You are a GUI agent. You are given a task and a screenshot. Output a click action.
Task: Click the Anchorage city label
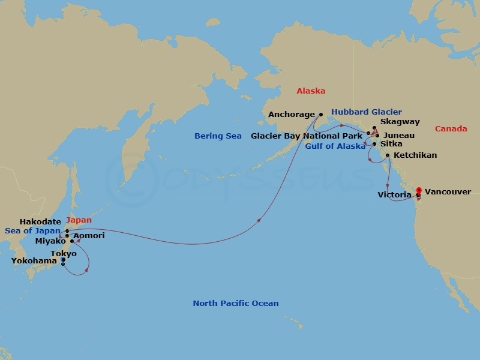[292, 115]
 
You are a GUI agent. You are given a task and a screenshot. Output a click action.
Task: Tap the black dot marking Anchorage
[320, 114]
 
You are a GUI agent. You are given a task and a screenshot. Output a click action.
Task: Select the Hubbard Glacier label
[366, 112]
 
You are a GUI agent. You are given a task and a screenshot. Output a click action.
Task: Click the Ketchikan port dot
[388, 156]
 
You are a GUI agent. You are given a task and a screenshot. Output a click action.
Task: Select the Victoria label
[394, 195]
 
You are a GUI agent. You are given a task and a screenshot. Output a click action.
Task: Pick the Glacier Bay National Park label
[307, 136]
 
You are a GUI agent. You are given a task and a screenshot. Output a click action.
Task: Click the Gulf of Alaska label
[335, 146]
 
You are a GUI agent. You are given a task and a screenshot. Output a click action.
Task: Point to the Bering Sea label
[218, 136]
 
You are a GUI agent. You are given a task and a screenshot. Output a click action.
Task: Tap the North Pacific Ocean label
[236, 304]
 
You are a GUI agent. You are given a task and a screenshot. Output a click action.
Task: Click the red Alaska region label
[311, 91]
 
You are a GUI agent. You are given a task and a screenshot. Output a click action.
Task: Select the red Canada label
[450, 129]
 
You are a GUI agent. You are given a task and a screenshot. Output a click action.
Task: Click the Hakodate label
[40, 222]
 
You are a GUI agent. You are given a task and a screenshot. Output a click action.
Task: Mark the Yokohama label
[34, 261]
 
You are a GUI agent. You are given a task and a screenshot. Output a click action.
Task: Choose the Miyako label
[50, 241]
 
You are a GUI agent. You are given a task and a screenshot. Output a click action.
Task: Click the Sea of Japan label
[32, 231]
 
